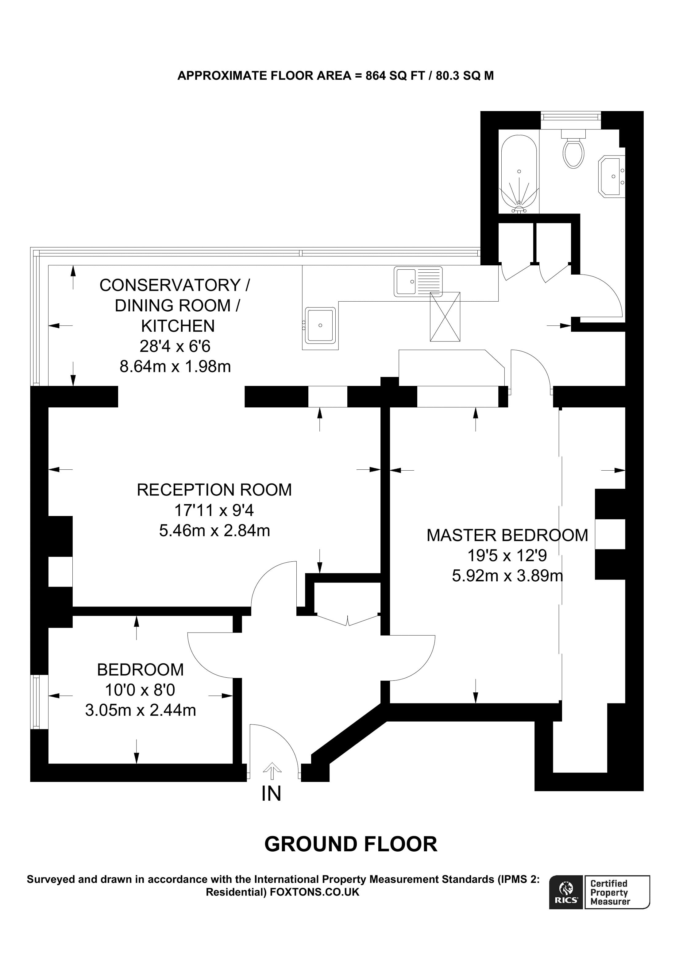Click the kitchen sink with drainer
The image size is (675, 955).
(418, 282)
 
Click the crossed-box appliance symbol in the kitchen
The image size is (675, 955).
(445, 317)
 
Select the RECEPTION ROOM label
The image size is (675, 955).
(214, 490)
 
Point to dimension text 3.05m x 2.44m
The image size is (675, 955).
(141, 710)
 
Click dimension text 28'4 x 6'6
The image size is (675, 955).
(175, 346)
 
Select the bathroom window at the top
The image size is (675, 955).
(571, 116)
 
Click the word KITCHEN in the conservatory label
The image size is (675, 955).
(178, 326)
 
